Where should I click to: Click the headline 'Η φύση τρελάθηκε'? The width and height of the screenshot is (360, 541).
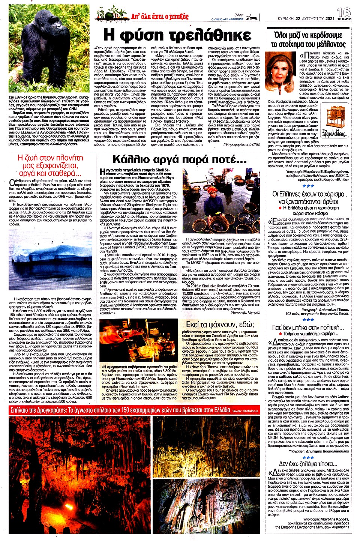(177, 35)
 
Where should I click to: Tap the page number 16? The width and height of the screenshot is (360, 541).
(343, 12)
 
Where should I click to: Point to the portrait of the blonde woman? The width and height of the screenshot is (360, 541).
(281, 73)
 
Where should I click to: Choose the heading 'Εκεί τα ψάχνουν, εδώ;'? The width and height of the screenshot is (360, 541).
(220, 324)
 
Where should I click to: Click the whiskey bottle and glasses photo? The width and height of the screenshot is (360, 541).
(139, 340)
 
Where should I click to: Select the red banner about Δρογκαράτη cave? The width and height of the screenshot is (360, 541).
(120, 410)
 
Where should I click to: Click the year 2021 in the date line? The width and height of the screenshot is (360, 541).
(330, 18)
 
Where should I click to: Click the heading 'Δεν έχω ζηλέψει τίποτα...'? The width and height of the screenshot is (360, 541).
(308, 464)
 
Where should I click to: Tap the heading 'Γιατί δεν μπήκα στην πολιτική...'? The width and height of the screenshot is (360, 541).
(308, 328)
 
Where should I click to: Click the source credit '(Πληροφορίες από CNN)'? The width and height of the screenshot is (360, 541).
(241, 144)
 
